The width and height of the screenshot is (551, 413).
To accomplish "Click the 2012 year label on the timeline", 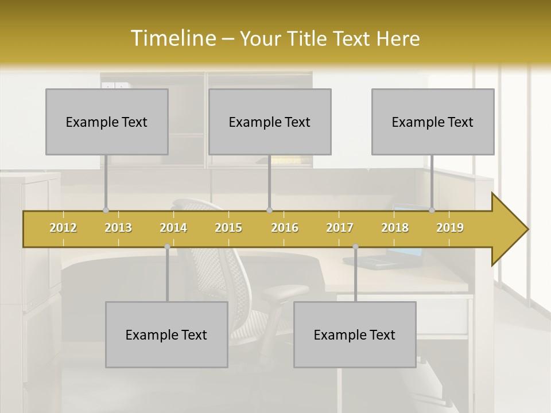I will click(x=63, y=228).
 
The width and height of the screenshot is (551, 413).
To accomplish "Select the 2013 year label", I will click(x=118, y=228).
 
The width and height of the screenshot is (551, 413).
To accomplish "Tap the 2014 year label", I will click(x=173, y=228).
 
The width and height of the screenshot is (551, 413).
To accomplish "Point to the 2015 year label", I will click(x=228, y=228).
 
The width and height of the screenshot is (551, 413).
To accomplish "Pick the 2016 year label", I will click(x=285, y=228).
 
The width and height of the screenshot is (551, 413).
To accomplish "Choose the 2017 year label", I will click(x=340, y=228).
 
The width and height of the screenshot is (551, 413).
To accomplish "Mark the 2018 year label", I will click(x=395, y=228).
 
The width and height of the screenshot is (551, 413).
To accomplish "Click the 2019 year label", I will click(x=450, y=228).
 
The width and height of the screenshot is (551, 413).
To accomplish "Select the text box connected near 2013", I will click(x=107, y=122).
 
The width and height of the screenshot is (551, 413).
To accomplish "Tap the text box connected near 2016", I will click(x=270, y=122).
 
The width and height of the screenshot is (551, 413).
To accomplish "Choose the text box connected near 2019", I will click(x=433, y=122).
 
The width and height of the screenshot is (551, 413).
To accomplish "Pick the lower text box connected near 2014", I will click(x=166, y=334).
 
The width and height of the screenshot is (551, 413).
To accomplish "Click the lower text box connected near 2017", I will click(x=355, y=334).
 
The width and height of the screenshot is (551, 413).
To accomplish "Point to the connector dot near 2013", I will click(x=106, y=211).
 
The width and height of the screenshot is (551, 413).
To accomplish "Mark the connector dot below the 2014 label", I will click(x=167, y=247).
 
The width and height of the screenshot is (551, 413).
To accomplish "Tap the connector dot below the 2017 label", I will click(x=355, y=247).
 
